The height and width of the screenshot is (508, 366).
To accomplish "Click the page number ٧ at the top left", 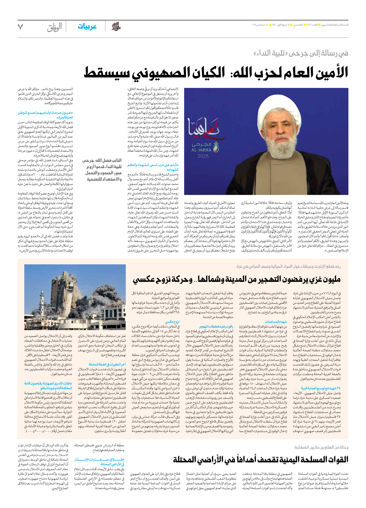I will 20,27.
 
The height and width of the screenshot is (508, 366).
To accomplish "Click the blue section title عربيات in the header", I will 87,27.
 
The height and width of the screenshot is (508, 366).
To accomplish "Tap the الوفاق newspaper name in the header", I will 54,27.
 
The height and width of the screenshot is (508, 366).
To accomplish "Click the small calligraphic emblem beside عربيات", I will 116,27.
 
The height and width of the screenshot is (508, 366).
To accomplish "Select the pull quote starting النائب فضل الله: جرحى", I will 102,170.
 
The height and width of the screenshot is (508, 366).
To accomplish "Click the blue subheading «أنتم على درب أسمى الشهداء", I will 153,167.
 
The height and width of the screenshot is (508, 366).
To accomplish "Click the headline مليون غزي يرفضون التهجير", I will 237,279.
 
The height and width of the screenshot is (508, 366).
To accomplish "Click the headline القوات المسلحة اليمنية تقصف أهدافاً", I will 260,459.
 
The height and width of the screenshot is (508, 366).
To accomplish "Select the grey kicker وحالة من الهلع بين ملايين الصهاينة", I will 321,447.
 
